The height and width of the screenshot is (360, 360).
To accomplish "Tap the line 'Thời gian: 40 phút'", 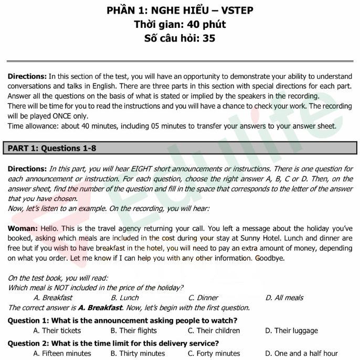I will pyautogui.click(x=179, y=24).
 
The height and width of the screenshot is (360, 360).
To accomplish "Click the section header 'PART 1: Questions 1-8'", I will pyautogui.click(x=52, y=148).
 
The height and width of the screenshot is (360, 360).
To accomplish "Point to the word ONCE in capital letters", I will pyautogui.click(x=104, y=116).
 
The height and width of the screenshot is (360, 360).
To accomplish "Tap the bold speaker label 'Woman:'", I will pyautogui.click(x=23, y=229).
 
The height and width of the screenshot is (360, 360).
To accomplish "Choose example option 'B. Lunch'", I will pyautogui.click(x=124, y=298).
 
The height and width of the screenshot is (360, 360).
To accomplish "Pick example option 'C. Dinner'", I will pyautogui.click(x=203, y=298).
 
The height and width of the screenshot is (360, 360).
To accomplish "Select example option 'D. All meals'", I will pyautogui.click(x=284, y=298).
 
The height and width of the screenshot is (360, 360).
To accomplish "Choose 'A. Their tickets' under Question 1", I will pyautogui.click(x=57, y=331).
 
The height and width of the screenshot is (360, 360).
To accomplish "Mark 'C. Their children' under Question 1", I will pyautogui.click(x=214, y=331).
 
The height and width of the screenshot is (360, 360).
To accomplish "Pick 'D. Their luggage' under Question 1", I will pyautogui.click(x=291, y=331).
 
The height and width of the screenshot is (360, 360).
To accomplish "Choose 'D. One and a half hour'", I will pyautogui.click(x=301, y=354).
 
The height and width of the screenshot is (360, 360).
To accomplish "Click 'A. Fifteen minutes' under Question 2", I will pyautogui.click(x=62, y=354).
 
